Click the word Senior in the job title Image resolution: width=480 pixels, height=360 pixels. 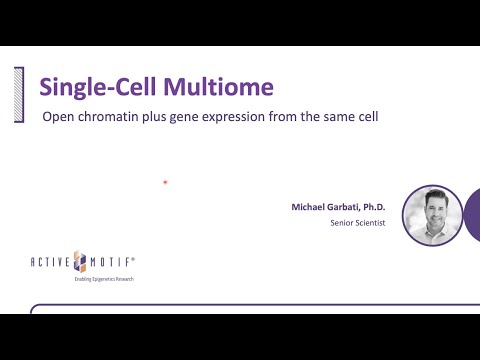(x=342, y=223)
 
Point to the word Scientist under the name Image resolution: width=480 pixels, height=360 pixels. (x=369, y=223)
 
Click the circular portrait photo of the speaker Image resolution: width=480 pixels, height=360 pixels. (x=432, y=215)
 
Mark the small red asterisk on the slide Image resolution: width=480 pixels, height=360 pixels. (x=164, y=183)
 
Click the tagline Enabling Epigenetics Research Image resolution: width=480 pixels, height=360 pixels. (x=103, y=278)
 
